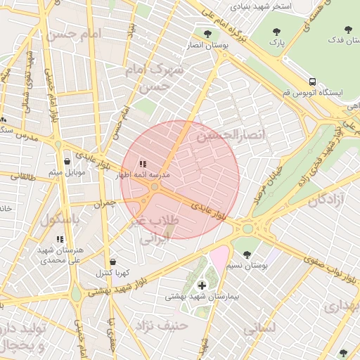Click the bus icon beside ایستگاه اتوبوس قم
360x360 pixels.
[312, 80]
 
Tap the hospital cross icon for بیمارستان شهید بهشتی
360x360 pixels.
[203, 285]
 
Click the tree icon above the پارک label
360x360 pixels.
[274, 31]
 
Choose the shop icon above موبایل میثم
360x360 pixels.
[66, 161]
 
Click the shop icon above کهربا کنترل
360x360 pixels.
[112, 262]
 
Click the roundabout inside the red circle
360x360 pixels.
[154, 188]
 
